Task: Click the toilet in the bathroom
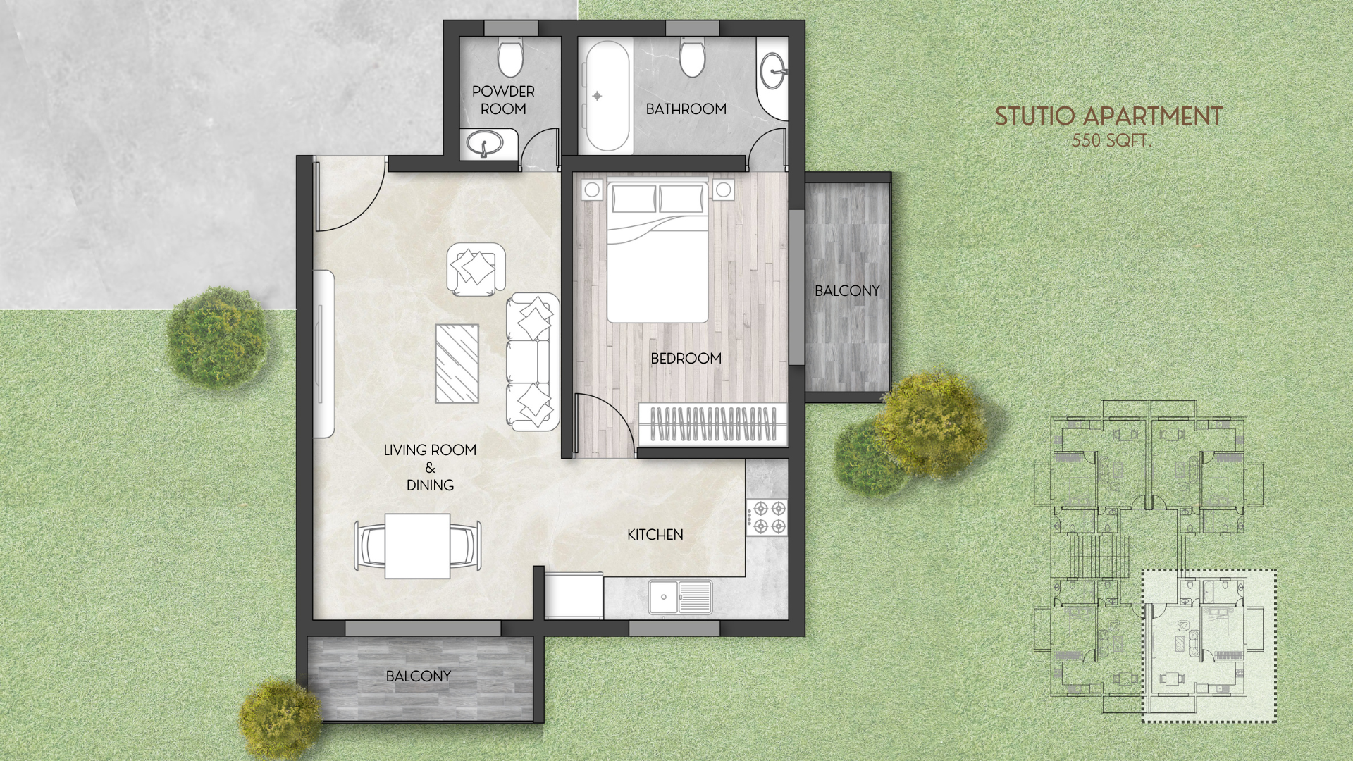click(692, 58)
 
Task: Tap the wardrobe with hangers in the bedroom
click(712, 424)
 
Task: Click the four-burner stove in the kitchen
click(767, 517)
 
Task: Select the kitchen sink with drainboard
click(680, 598)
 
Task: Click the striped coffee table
click(457, 364)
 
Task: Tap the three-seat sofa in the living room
click(531, 361)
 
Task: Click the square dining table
click(417, 546)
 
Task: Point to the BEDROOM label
click(686, 359)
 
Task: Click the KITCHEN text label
click(655, 535)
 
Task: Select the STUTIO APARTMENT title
click(1108, 117)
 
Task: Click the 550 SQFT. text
click(1111, 141)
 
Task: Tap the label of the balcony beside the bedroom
click(847, 291)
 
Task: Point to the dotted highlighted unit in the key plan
click(1209, 645)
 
